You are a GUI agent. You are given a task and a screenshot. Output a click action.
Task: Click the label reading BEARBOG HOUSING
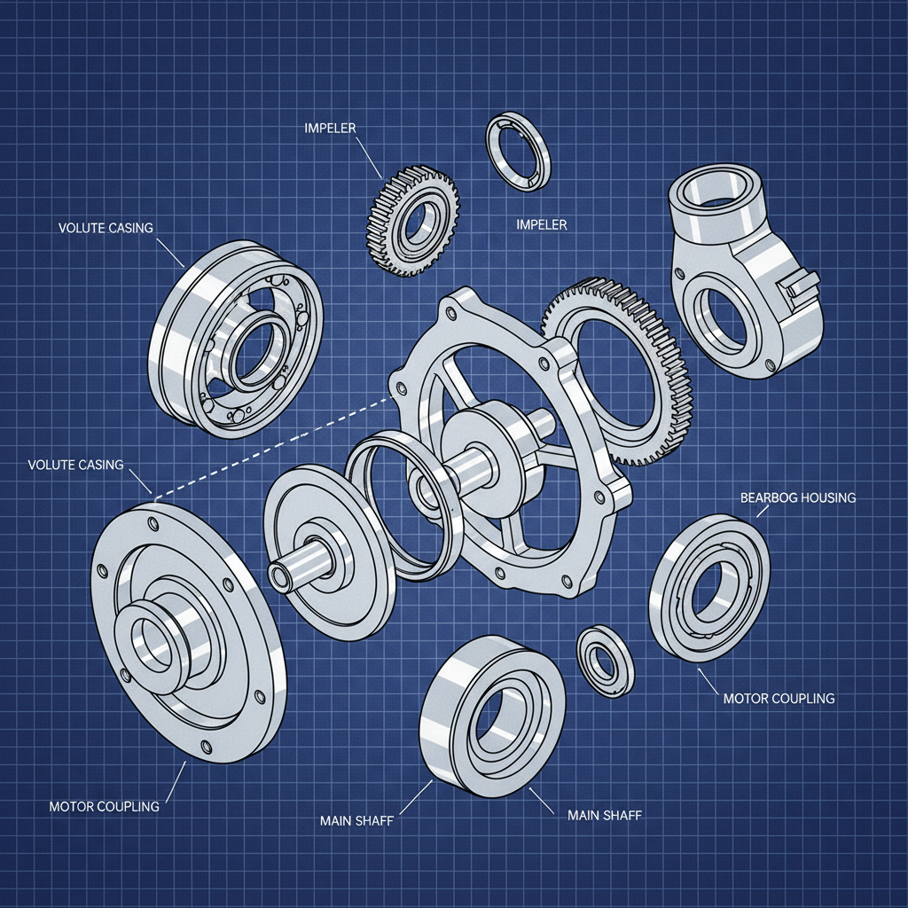(x=797, y=497)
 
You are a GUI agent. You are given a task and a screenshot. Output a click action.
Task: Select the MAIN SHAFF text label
(x=356, y=821)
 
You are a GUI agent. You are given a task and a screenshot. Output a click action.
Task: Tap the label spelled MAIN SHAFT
(x=603, y=815)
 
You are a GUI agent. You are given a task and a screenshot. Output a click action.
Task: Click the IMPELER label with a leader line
(x=329, y=129)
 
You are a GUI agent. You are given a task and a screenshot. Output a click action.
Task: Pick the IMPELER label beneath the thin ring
(x=541, y=225)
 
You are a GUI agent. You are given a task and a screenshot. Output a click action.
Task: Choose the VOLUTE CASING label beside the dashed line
(x=75, y=465)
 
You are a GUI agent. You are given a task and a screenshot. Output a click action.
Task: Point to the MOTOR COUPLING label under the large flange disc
(x=105, y=806)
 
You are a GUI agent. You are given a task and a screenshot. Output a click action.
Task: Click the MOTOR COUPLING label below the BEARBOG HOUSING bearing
(x=779, y=698)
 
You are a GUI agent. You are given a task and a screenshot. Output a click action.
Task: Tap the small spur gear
(x=413, y=219)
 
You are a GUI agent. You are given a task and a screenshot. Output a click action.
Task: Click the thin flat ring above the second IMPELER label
(x=518, y=152)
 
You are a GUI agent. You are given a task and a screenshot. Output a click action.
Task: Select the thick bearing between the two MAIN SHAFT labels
(x=490, y=713)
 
